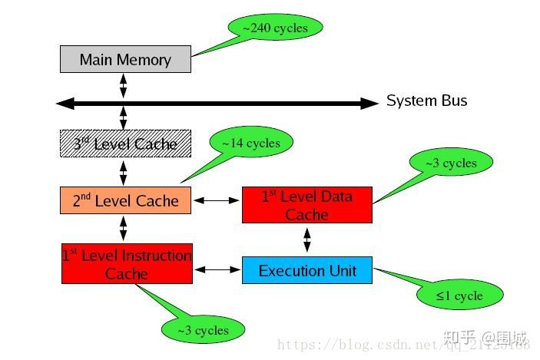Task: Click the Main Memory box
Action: (125, 59)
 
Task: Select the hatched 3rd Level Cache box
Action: (125, 144)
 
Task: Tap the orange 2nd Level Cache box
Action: (125, 200)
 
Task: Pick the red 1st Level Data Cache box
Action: (306, 205)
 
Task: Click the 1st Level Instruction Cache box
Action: (127, 263)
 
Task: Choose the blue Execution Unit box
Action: (306, 270)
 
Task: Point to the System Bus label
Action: (426, 101)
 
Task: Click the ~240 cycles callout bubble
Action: (275, 28)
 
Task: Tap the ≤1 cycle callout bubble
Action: (460, 296)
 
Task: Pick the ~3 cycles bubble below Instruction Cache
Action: (203, 330)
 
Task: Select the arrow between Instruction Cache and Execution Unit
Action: (217, 269)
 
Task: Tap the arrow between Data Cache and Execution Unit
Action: (307, 239)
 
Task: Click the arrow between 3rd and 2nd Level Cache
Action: (124, 172)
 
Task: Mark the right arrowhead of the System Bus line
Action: (372, 102)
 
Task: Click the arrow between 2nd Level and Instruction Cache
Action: (124, 228)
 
